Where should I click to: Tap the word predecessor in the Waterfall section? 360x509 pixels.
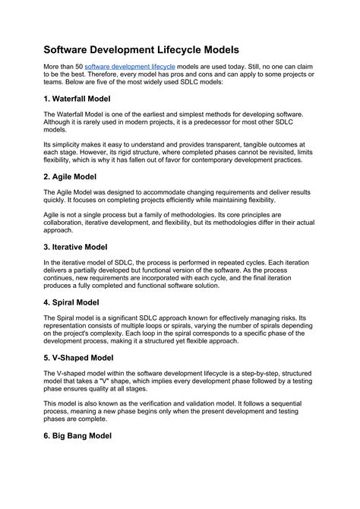pos(206,123)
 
